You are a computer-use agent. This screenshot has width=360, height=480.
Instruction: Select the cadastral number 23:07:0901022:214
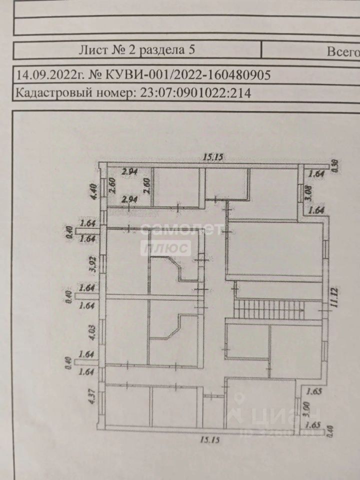pyautogui.click(x=192, y=92)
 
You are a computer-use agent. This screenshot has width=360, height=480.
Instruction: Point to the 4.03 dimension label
pyautogui.click(x=92, y=331)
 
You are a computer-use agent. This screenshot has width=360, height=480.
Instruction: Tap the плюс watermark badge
pyautogui.click(x=167, y=247)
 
